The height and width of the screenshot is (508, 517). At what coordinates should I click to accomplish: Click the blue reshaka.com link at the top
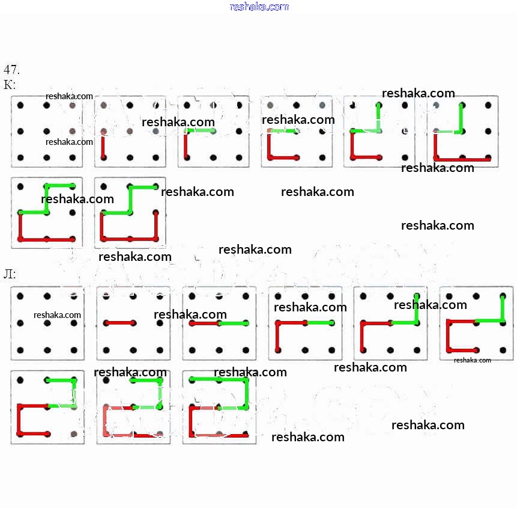click(x=259, y=7)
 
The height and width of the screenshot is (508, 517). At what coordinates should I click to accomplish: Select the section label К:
click(x=10, y=85)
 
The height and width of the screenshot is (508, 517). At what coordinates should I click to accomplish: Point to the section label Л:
click(x=10, y=274)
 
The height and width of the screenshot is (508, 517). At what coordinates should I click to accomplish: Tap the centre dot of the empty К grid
click(x=46, y=131)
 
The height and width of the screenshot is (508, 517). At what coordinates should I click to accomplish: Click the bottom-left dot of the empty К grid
click(x=20, y=158)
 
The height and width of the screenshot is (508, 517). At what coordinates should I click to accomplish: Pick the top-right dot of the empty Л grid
click(x=73, y=296)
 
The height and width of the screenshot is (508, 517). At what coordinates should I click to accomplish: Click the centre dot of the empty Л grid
click(x=47, y=323)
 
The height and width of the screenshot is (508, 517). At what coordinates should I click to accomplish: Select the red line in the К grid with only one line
click(x=103, y=145)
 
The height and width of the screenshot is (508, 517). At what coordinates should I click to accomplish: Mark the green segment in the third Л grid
click(x=232, y=323)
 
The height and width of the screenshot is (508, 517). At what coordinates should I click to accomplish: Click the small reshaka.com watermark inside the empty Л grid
click(x=57, y=314)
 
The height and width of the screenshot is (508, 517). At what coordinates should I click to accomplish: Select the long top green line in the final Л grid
click(x=219, y=379)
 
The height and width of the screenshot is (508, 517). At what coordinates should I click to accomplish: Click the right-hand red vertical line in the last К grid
click(x=156, y=226)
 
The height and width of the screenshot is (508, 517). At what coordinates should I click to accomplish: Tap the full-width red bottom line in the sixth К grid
click(x=462, y=159)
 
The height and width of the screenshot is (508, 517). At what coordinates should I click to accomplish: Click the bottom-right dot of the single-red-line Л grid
click(x=159, y=349)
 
